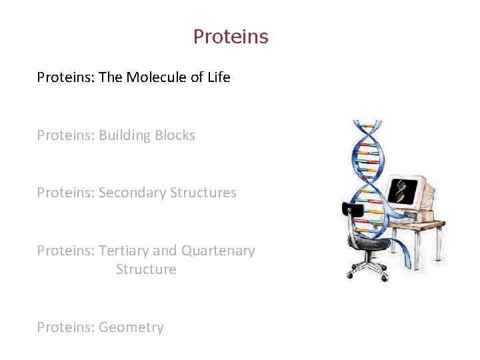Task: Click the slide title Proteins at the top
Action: coord(231,36)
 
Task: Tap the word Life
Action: coord(219,77)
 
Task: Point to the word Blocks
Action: coord(175,135)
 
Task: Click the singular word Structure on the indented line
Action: coord(146,269)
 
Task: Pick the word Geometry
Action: coord(131,327)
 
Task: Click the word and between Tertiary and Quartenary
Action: coord(165,251)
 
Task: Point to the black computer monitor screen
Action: coord(402,191)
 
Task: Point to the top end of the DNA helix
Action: coord(367,124)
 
